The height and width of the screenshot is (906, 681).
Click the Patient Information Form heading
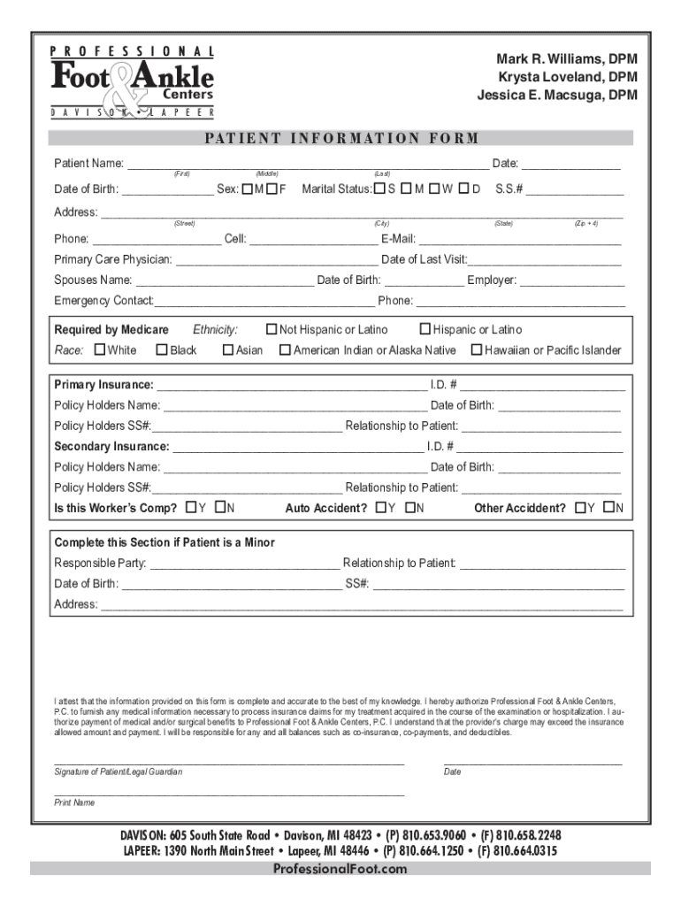pos(341,138)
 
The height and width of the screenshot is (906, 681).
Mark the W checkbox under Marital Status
pos(435,188)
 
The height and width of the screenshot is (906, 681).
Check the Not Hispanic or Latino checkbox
pos(272,330)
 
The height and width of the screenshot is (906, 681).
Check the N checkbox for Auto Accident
pos(409,508)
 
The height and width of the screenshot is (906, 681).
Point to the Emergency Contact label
pos(103,302)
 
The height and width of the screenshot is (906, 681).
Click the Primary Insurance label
pos(103,386)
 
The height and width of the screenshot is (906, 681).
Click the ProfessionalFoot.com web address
pos(340,869)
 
